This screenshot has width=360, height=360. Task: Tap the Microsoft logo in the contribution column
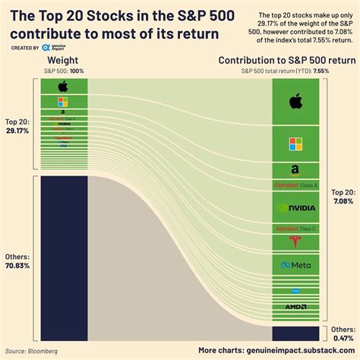295,143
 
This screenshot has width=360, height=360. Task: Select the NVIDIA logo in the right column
295,207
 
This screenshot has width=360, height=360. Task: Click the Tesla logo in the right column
295,242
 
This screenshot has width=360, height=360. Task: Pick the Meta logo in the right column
295,265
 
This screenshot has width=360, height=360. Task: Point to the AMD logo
295,306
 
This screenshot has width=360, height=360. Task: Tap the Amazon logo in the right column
295,170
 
